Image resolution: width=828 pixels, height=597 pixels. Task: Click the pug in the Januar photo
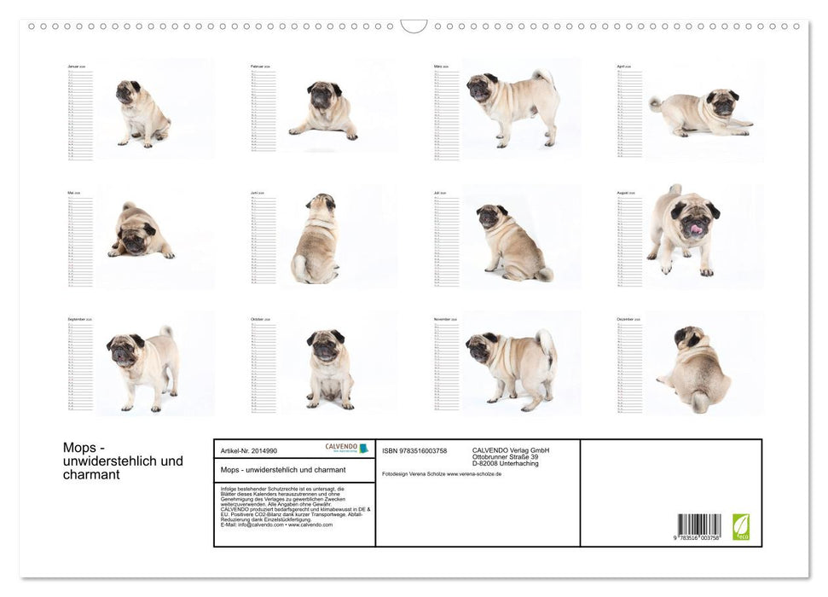pos(141,114)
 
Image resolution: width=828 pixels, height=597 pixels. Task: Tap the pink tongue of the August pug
pos(696,229)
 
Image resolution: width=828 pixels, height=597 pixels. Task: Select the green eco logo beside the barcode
pos(741,526)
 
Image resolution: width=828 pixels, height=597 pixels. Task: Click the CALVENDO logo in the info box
pos(346,448)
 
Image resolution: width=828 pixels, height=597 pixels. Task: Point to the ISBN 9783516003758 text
pos(414,450)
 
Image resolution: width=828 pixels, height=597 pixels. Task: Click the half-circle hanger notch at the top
pos(414,26)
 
